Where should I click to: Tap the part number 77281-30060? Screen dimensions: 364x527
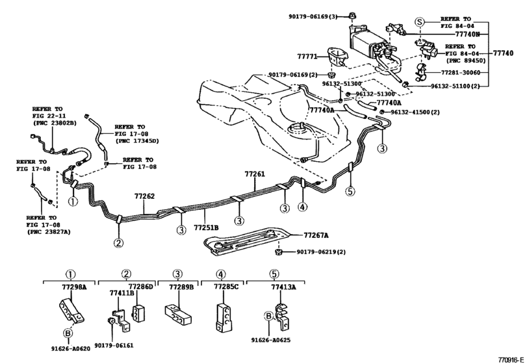tap(463, 73)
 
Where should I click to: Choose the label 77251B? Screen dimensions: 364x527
tap(206, 228)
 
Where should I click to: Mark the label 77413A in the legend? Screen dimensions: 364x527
tap(283, 286)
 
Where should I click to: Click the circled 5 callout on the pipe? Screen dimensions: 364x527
tap(349, 191)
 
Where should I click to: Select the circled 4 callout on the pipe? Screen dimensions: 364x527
tap(302, 207)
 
